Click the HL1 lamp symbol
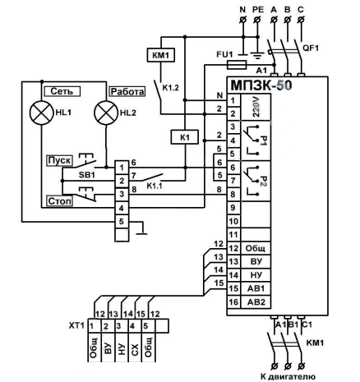pyautogui.click(x=41, y=113)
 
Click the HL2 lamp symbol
pyautogui.click(x=106, y=113)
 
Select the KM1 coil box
pyautogui.click(x=161, y=56)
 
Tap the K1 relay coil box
pyautogui.click(x=185, y=137)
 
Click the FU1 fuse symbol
pyautogui.click(x=237, y=65)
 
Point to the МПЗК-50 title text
pyautogui.click(x=261, y=85)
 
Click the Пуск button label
pyautogui.click(x=59, y=160)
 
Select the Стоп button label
pyautogui.click(x=60, y=201)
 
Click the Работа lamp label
pyautogui.click(x=127, y=91)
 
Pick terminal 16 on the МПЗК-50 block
pyautogui.click(x=233, y=302)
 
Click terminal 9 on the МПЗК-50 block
pyautogui.click(x=233, y=208)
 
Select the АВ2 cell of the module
pyautogui.click(x=256, y=302)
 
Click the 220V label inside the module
pyautogui.click(x=256, y=108)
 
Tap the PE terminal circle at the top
pyautogui.click(x=257, y=20)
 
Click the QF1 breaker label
pyautogui.click(x=311, y=48)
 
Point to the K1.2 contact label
pyautogui.click(x=170, y=88)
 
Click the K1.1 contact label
pyautogui.click(x=155, y=186)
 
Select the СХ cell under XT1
pyautogui.click(x=135, y=347)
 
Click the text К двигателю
pyautogui.click(x=288, y=377)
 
